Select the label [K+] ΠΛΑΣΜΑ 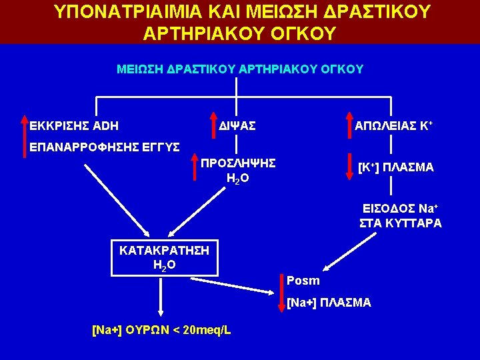pyautogui.click(x=395, y=167)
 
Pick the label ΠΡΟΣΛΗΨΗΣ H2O pyautogui.click(x=238, y=170)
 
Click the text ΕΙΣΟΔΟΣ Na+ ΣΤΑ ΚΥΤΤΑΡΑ pyautogui.click(x=400, y=216)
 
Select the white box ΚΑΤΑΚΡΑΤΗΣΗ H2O pyautogui.click(x=164, y=257)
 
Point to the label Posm pyautogui.click(x=303, y=281)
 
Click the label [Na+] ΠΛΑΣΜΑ pyautogui.click(x=329, y=303)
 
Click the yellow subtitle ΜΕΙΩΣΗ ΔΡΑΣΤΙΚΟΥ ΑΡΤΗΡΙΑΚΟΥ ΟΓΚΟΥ pyautogui.click(x=239, y=69)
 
